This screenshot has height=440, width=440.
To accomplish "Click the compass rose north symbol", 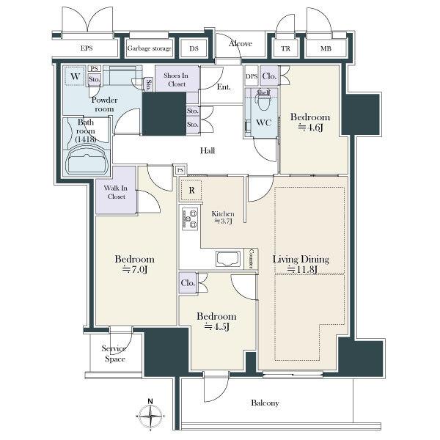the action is (150, 414).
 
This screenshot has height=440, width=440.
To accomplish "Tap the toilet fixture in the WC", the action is (263, 102).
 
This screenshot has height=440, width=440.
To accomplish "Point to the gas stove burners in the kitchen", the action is (190, 219).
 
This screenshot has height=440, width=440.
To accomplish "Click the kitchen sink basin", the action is (227, 259).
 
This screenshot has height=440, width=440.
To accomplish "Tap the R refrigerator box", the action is (191, 190).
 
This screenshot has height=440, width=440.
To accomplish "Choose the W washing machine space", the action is (75, 76).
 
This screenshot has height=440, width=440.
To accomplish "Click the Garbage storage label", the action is (149, 48).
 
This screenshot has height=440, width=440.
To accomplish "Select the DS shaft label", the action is (194, 48).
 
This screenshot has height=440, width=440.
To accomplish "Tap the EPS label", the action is (87, 48).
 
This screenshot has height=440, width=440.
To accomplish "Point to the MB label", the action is (326, 48).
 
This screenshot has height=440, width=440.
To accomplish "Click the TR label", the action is (285, 48).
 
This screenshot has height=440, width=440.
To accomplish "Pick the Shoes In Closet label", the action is (176, 80).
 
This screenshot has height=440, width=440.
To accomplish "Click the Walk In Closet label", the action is (116, 192).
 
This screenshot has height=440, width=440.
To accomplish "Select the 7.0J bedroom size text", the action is (135, 270).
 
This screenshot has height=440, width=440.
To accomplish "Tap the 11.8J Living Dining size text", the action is (302, 270).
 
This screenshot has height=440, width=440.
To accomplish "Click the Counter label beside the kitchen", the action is (252, 259).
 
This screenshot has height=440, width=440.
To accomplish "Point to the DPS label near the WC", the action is (252, 76).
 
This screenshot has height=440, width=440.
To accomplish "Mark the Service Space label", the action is (114, 353).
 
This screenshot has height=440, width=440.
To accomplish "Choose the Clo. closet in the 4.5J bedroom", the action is (188, 283).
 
